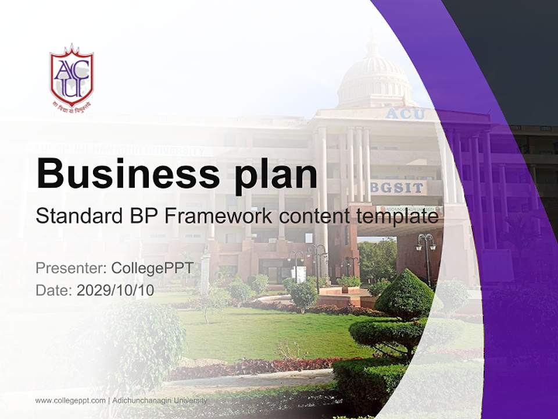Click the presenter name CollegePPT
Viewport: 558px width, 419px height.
click(x=152, y=268)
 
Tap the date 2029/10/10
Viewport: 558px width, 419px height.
click(x=115, y=290)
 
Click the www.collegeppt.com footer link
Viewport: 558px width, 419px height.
click(x=70, y=400)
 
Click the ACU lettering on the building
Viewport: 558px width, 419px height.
click(x=405, y=113)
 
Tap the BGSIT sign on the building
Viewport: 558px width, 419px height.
click(x=398, y=187)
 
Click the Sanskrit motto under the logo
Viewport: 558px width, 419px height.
click(x=71, y=108)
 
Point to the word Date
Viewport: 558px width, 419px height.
click(x=53, y=290)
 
